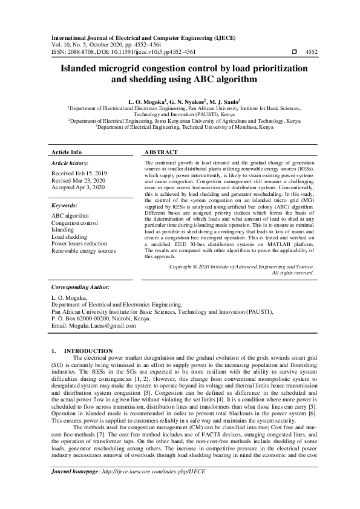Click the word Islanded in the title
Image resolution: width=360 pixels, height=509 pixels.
83,69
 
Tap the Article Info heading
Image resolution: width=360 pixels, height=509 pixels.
67,152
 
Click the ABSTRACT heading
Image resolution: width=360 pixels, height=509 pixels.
162,152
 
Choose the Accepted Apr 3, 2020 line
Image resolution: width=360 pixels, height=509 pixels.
78,187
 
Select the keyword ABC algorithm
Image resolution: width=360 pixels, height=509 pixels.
70,216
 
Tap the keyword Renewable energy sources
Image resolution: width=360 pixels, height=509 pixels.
83,251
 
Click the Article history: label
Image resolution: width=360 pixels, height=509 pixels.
70,163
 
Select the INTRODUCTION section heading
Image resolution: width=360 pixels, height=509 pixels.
88,351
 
